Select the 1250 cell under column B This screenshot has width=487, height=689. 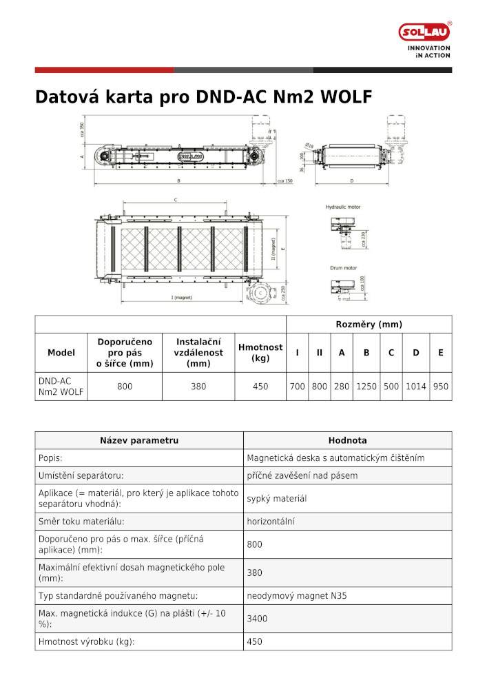366,387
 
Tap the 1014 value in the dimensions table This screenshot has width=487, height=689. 415,387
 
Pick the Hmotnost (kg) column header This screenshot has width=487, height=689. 260,353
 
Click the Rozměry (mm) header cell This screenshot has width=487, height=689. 369,325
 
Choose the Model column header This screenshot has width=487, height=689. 61,353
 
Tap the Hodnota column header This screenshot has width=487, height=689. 347,440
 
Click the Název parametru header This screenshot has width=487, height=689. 139,440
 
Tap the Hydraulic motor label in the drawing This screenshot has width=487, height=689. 343,207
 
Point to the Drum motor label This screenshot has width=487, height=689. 341,267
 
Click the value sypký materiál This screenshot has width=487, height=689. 276,498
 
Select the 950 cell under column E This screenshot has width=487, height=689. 440,387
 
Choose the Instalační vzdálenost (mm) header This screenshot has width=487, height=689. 198,353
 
